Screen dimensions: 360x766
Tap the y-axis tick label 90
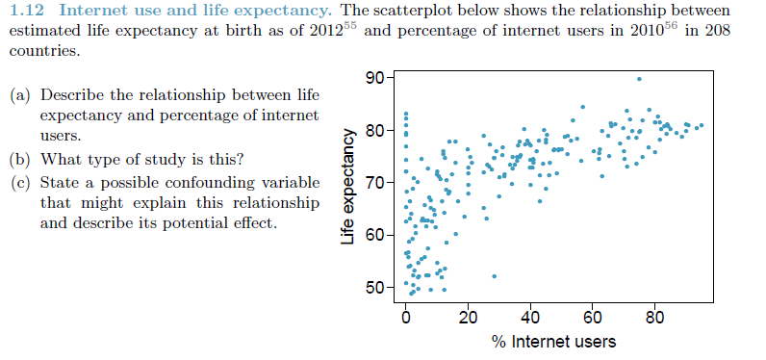point(375,77)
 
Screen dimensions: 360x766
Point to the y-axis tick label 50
point(375,288)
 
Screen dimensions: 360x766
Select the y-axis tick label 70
point(375,183)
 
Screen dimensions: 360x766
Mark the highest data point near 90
point(639,79)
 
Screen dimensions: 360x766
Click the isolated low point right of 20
point(495,276)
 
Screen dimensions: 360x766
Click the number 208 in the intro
point(715,30)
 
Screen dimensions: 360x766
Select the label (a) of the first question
point(19,96)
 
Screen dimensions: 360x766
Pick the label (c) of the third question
point(19,183)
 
